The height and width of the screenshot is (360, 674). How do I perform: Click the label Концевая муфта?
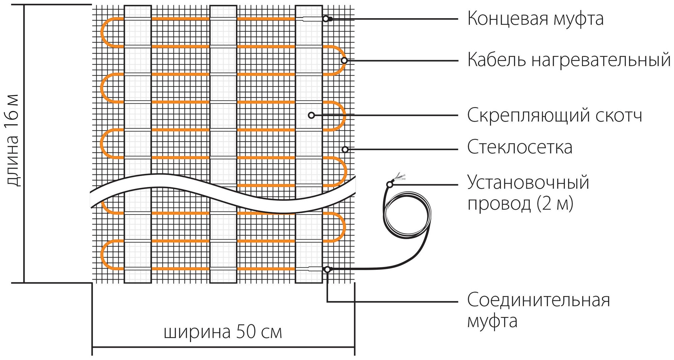[x=535, y=19]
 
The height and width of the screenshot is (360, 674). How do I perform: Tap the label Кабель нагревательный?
[x=569, y=60]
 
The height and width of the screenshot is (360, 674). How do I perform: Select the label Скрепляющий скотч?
[x=554, y=116]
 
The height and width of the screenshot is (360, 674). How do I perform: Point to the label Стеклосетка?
[x=519, y=147]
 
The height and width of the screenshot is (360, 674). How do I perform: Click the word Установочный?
[x=528, y=183]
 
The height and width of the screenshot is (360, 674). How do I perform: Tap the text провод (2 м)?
[x=520, y=203]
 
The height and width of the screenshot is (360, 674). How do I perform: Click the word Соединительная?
[x=538, y=300]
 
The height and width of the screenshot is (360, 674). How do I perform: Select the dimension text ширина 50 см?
[x=222, y=332]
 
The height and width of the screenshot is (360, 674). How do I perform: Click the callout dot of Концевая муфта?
[x=326, y=19]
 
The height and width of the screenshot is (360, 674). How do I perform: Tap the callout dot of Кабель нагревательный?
[x=344, y=60]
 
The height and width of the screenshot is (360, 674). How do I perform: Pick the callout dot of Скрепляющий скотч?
[x=311, y=116]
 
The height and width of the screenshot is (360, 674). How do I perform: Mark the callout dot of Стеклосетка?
[x=345, y=149]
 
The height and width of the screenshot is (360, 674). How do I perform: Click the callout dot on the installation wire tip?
[x=390, y=184]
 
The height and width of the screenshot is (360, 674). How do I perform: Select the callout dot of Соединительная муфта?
[x=327, y=269]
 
